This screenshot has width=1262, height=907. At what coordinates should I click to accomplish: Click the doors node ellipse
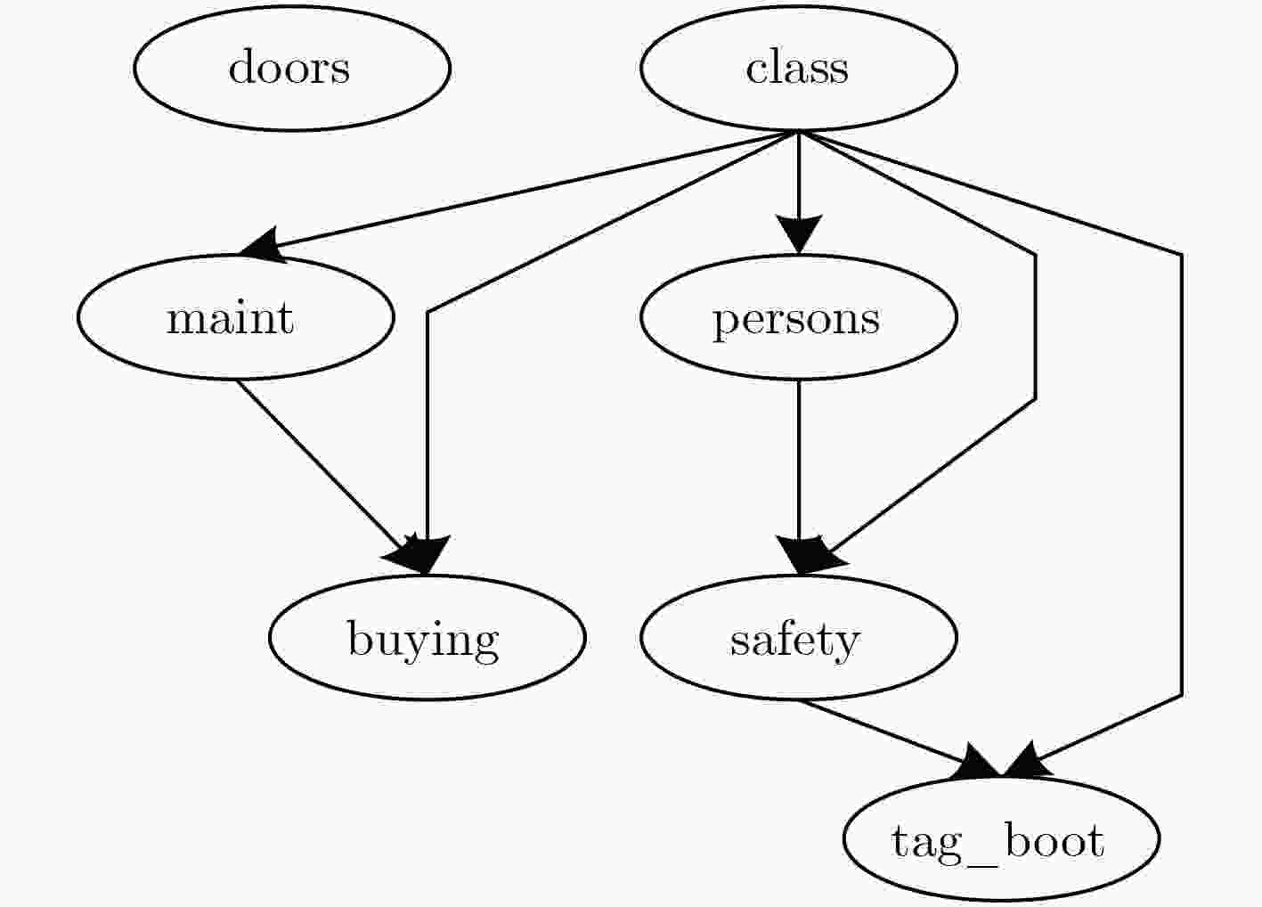click(292, 69)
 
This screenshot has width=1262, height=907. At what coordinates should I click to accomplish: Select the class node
click(798, 69)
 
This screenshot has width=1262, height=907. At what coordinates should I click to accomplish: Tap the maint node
click(235, 317)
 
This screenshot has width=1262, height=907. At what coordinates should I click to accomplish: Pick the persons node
click(798, 317)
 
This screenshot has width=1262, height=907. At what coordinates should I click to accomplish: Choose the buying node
click(427, 638)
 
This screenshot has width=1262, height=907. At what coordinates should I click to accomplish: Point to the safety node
click(798, 638)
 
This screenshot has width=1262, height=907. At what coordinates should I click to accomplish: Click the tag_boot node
click(1001, 838)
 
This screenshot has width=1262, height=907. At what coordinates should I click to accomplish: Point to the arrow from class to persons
click(798, 192)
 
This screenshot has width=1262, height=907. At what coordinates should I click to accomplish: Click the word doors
click(289, 67)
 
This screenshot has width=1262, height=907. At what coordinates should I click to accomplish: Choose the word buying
click(424, 641)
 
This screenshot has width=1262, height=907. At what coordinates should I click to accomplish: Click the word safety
click(795, 641)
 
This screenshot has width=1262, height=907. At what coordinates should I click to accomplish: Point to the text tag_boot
click(997, 843)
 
